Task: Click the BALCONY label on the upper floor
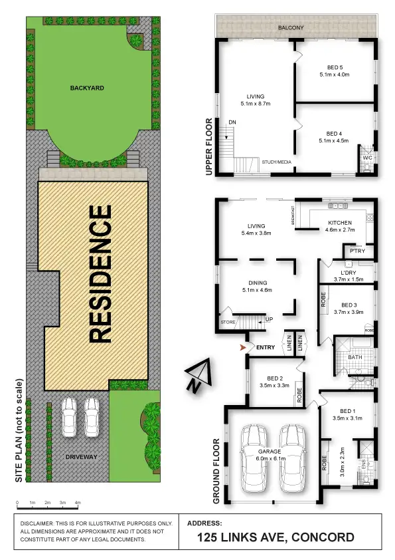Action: (x=291, y=27)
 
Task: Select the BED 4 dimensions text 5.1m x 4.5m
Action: (x=333, y=140)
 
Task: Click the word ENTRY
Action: (x=266, y=347)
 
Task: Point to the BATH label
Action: (x=355, y=357)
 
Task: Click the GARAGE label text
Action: (x=270, y=451)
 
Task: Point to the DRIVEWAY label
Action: (x=82, y=457)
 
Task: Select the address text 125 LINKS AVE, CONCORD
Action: (x=276, y=537)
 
